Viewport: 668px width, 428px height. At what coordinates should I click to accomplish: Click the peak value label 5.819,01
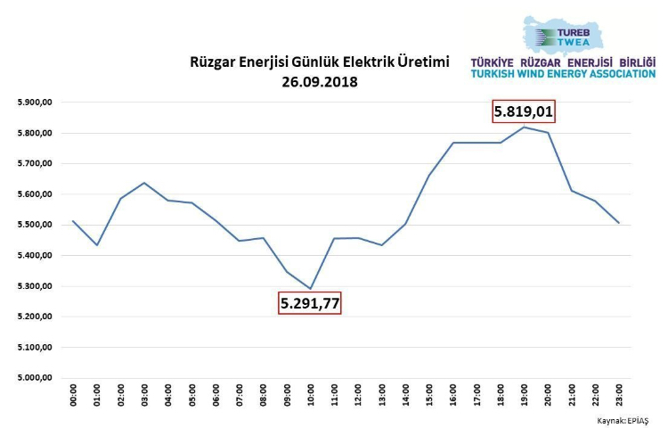529,112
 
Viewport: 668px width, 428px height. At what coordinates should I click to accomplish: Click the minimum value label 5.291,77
310,303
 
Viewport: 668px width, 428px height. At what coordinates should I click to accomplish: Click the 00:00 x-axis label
73,396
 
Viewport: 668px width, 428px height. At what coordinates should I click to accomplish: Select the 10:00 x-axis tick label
311,396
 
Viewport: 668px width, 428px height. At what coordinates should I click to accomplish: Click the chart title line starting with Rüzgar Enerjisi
320,62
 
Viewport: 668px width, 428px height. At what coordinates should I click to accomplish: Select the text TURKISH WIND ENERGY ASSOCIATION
562,73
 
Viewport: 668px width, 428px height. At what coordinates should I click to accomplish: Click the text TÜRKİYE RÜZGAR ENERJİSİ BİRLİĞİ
562,62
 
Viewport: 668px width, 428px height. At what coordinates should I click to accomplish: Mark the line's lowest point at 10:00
311,288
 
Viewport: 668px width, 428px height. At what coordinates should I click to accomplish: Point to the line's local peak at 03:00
144,183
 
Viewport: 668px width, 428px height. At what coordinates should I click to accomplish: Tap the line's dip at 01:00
97,244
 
